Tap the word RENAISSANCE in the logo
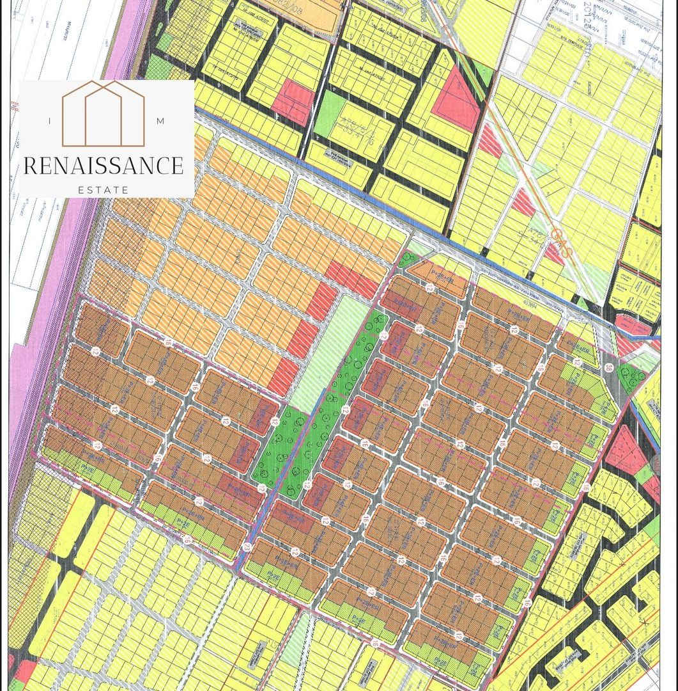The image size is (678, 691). pyautogui.click(x=104, y=166)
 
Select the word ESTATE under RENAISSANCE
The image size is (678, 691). pyautogui.click(x=103, y=189)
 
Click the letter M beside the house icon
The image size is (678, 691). pyautogui.click(x=159, y=121)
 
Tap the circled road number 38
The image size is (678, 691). pyautogui.click(x=608, y=367)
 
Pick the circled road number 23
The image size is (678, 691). pyautogui.click(x=246, y=546)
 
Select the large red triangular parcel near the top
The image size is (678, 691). pyautogui.click(x=458, y=102)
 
